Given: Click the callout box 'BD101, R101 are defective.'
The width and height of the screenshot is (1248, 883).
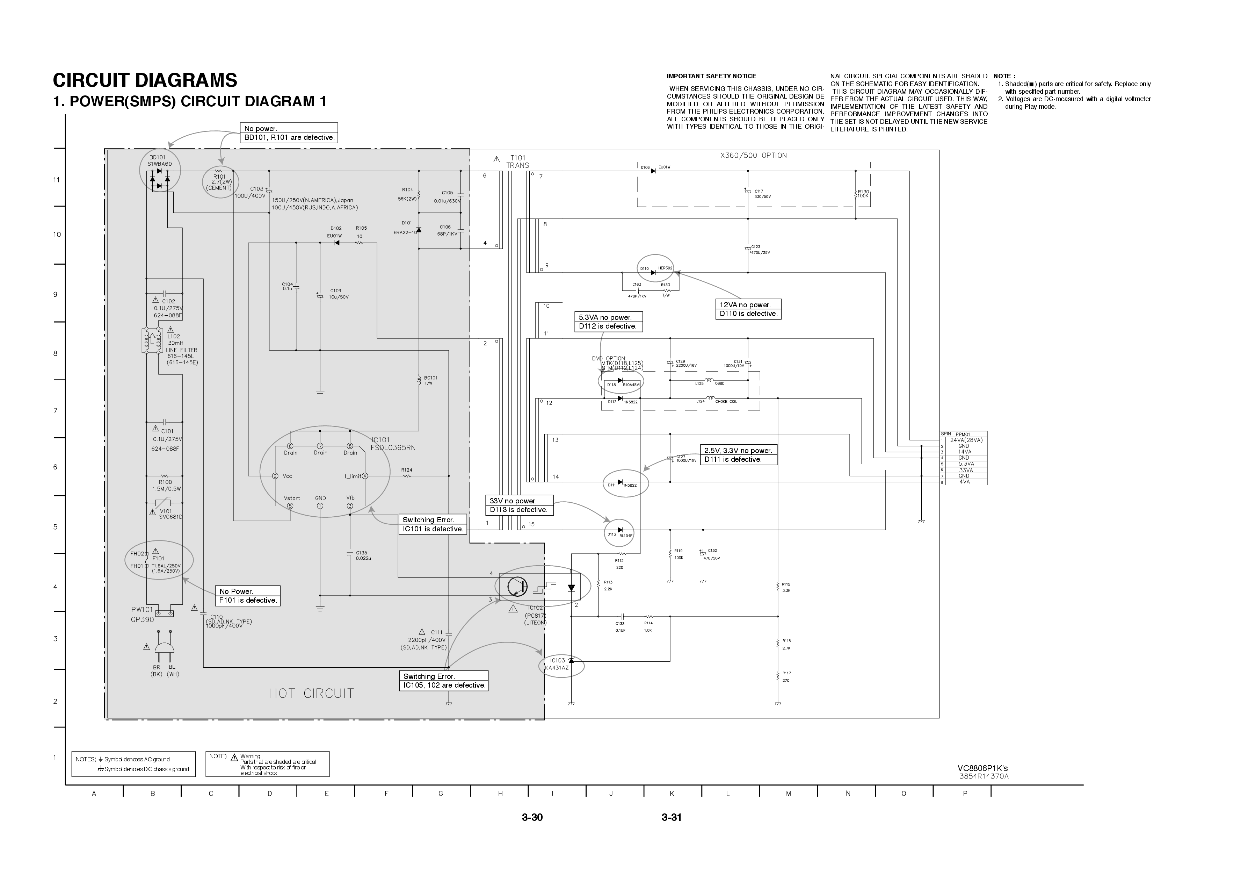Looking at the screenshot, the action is point(289,138).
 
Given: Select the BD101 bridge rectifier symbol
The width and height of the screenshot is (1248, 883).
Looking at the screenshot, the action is point(159,178).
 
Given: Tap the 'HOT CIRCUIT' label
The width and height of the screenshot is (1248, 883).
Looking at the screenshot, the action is point(311,693).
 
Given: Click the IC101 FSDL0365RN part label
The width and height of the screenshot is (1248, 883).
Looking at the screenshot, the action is point(393,444).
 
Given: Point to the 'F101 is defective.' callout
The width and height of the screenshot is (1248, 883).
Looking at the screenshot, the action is point(248,600).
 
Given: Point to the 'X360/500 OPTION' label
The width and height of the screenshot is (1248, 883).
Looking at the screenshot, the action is point(753,156).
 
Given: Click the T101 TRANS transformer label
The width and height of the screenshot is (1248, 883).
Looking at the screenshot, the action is point(517,161).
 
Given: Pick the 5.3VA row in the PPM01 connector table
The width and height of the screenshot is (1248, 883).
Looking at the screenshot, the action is point(965,464).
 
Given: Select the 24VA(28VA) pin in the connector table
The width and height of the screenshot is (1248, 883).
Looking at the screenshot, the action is point(965,440).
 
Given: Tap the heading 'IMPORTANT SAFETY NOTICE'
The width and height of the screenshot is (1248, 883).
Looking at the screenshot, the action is point(711,76).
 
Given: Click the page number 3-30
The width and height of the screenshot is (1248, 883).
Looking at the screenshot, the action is point(532,817).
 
